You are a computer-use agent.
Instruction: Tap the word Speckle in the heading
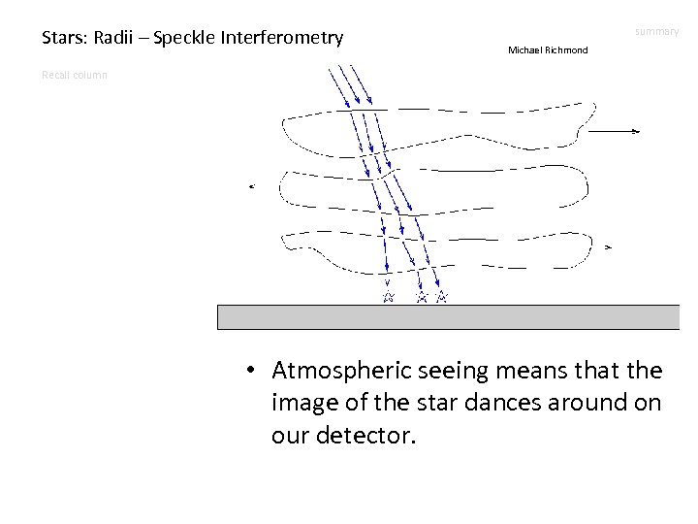point(186,39)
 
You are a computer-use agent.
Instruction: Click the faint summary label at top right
point(657,32)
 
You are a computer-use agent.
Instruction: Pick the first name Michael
point(526,49)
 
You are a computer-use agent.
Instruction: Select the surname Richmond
point(567,49)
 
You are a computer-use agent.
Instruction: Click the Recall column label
point(75,75)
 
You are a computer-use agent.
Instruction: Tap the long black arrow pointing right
point(614,130)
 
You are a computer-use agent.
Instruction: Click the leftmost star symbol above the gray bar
point(387,296)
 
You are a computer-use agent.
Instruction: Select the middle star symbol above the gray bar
point(422,296)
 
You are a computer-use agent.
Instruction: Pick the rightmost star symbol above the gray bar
point(442,296)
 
